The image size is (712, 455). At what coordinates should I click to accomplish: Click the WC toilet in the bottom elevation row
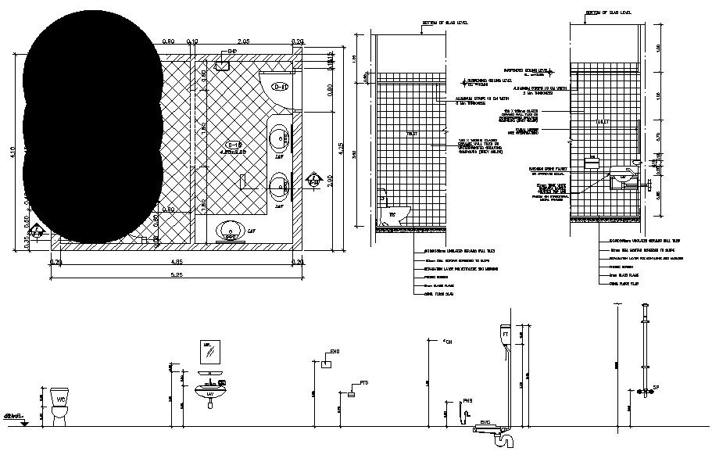59,405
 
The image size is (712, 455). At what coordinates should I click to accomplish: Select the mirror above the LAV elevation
209,353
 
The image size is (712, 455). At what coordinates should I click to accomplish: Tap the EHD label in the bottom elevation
335,352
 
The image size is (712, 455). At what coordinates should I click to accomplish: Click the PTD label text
363,383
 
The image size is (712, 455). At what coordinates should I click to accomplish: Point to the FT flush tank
506,335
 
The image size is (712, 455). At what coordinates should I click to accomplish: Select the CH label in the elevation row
448,342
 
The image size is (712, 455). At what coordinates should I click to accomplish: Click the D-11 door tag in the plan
280,86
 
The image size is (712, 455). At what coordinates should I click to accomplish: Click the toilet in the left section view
388,211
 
